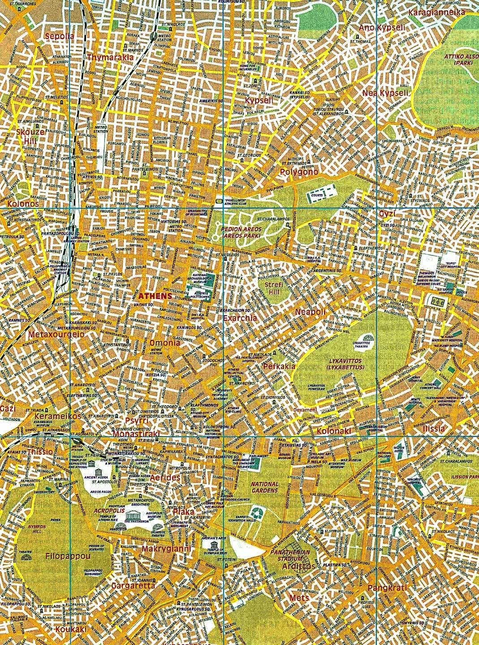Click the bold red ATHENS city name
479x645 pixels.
[x=155, y=296]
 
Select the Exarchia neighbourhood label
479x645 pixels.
[x=240, y=318]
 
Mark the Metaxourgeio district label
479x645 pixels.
[x=50, y=334]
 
